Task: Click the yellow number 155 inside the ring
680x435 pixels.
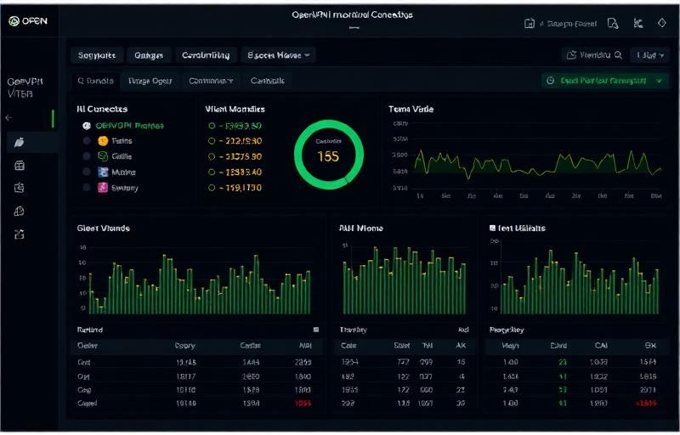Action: pyautogui.click(x=327, y=156)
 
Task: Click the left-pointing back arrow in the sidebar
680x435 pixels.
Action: pyautogui.click(x=9, y=117)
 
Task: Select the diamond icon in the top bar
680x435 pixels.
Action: pyautogui.click(x=662, y=24)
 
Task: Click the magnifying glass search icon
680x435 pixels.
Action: pyautogui.click(x=618, y=54)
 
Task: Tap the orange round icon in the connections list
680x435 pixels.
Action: pyautogui.click(x=102, y=141)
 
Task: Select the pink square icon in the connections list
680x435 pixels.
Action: pyautogui.click(x=102, y=188)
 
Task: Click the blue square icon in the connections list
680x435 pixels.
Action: pyautogui.click(x=102, y=172)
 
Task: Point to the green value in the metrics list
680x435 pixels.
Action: pyautogui.click(x=235, y=125)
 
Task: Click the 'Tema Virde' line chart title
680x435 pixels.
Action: pyautogui.click(x=411, y=110)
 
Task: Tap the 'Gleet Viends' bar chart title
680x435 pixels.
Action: pyautogui.click(x=103, y=229)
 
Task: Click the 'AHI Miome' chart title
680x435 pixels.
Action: pyautogui.click(x=360, y=229)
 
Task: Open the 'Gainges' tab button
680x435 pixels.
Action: pyautogui.click(x=148, y=55)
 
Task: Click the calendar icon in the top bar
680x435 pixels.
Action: pyautogui.click(x=530, y=24)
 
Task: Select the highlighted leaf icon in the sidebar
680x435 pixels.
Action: pyautogui.click(x=20, y=142)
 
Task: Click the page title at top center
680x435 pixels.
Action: pyautogui.click(x=352, y=15)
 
